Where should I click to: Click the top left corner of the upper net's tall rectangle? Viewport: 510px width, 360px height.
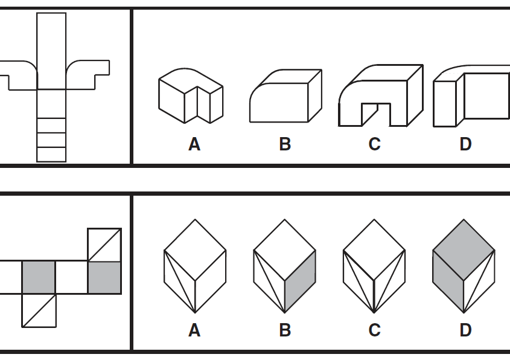[37, 13]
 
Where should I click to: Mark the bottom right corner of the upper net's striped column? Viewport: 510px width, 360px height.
[66, 161]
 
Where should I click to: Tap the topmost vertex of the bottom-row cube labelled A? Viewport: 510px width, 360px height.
[195, 219]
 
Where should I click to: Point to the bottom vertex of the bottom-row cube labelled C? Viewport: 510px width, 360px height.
[374, 313]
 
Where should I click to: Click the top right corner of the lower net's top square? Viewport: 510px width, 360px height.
[121, 229]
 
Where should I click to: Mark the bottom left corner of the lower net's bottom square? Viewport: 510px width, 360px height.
[22, 327]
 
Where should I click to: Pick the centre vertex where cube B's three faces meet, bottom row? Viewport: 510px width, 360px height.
[285, 280]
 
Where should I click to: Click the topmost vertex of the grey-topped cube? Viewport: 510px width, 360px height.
[464, 219]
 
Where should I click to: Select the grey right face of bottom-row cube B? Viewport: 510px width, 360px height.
[300, 281]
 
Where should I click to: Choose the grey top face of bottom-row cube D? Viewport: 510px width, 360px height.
[464, 249]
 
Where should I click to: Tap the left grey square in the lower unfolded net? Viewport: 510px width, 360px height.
[39, 277]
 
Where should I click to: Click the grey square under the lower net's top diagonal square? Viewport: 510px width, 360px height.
[104, 277]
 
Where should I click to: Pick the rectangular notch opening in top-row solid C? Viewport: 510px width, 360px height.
[376, 115]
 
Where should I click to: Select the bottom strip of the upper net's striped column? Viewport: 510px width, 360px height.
[51, 154]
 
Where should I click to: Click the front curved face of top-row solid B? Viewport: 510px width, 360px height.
[279, 103]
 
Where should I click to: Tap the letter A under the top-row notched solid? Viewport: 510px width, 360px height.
[194, 144]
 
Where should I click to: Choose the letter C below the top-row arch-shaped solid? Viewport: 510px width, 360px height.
[374, 144]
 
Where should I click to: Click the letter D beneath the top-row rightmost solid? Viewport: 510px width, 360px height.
[465, 144]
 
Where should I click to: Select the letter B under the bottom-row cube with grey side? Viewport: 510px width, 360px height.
[285, 330]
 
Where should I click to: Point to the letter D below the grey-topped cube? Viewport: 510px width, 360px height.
[465, 330]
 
